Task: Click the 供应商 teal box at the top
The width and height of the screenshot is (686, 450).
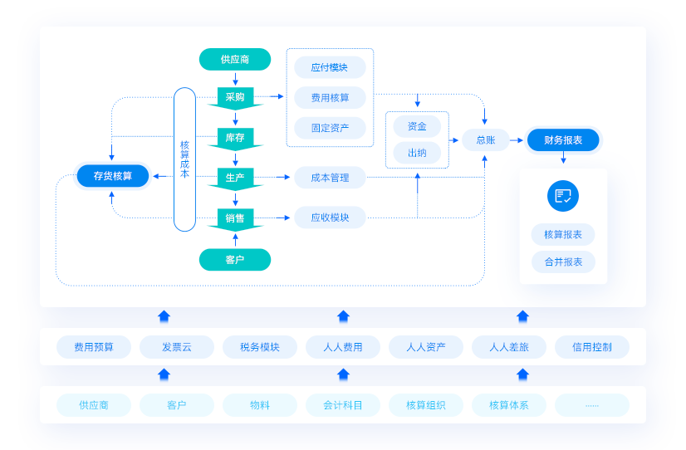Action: pyautogui.click(x=235, y=60)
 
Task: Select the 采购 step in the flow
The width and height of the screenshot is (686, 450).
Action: pyautogui.click(x=235, y=97)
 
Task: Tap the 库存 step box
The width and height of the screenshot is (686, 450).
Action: pyautogui.click(x=235, y=137)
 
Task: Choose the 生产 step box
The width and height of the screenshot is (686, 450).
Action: pyautogui.click(x=235, y=178)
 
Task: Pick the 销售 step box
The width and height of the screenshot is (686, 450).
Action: pyautogui.click(x=235, y=218)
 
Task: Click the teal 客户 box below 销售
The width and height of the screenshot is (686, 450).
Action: pyautogui.click(x=235, y=260)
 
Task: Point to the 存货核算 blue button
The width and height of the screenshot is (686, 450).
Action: pyautogui.click(x=112, y=176)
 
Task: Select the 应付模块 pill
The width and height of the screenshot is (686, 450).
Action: pyautogui.click(x=330, y=68)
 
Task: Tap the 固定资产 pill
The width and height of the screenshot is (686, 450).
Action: pyautogui.click(x=330, y=129)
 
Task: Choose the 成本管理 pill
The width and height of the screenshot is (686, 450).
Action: pyautogui.click(x=330, y=178)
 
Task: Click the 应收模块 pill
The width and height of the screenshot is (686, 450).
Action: pyautogui.click(x=330, y=218)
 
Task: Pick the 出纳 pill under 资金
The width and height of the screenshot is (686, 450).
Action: pyautogui.click(x=417, y=153)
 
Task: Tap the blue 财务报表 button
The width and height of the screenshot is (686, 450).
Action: pyautogui.click(x=563, y=140)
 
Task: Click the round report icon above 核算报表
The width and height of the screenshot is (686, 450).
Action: pyautogui.click(x=563, y=196)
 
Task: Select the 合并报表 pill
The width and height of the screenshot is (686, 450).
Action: pyautogui.click(x=563, y=262)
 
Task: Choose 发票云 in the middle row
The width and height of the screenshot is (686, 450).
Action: pyautogui.click(x=177, y=347)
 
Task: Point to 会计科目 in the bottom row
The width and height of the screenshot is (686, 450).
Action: pyautogui.click(x=343, y=405)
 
